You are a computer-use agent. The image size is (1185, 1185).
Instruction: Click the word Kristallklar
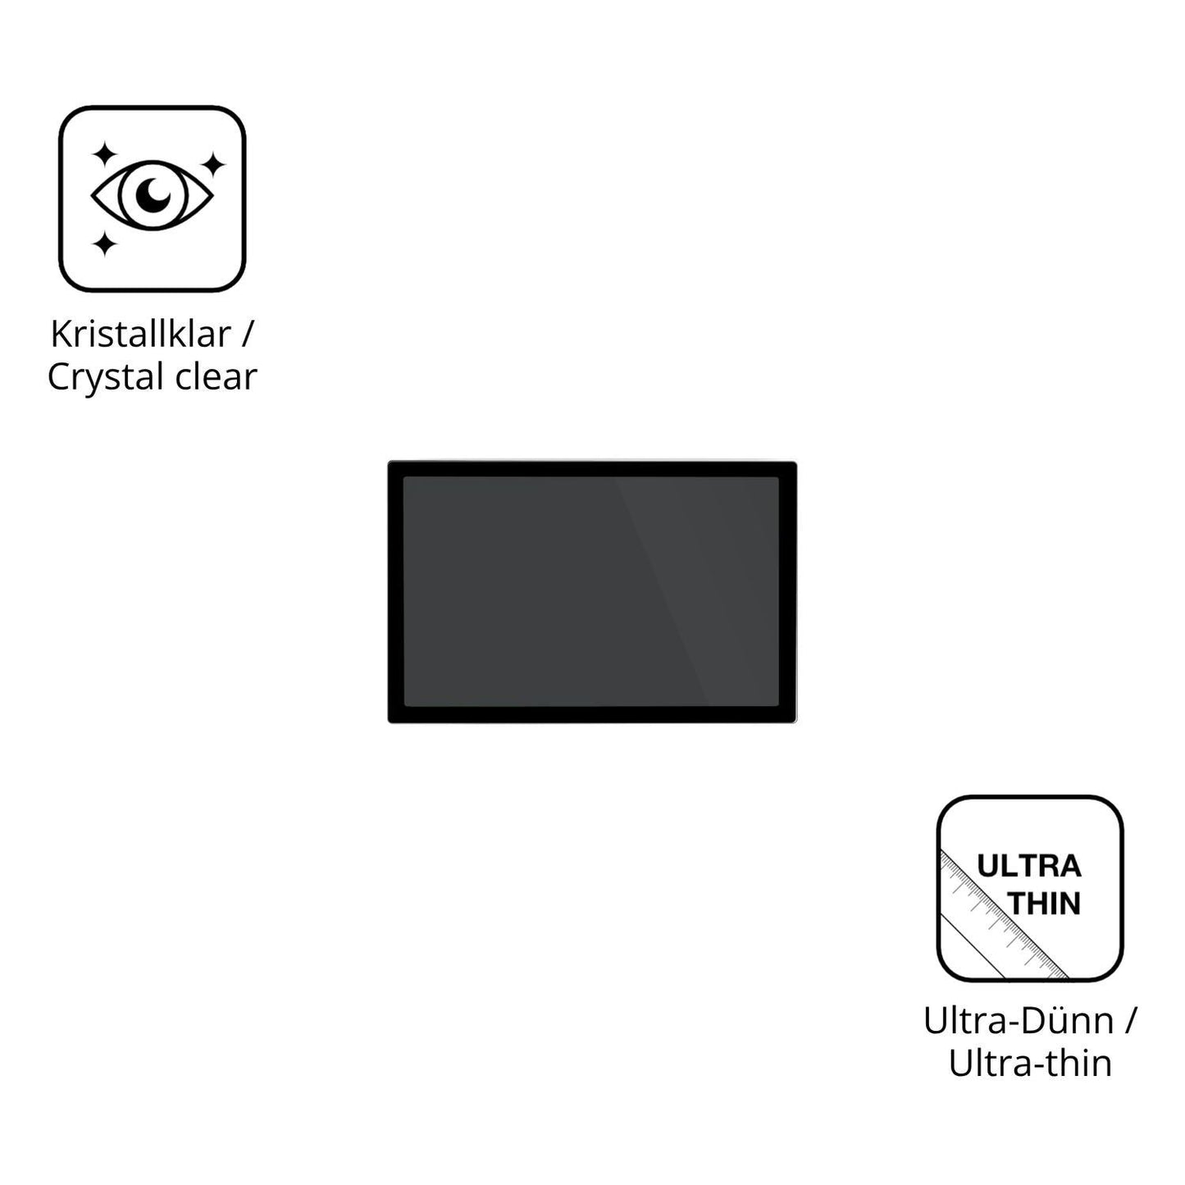[x=141, y=334]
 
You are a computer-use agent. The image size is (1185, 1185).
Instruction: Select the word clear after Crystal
[x=216, y=376]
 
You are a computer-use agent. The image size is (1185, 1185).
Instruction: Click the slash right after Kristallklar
[x=247, y=335]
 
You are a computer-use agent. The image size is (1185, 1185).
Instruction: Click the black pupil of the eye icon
[x=153, y=194]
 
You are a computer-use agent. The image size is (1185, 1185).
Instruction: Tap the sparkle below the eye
[x=104, y=244]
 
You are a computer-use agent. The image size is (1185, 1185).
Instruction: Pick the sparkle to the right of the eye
[x=212, y=165]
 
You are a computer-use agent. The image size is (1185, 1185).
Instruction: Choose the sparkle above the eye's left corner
[x=104, y=154]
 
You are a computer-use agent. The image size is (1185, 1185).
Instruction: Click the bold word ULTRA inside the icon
[x=1029, y=867]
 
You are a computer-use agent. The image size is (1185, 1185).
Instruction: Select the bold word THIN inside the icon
[x=1044, y=904]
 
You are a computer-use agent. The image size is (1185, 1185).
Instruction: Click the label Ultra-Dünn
[x=1019, y=1021]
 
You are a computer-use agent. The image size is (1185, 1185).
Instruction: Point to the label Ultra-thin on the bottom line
[x=1030, y=1064]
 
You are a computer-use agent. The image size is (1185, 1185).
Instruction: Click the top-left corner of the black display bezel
[x=389, y=462]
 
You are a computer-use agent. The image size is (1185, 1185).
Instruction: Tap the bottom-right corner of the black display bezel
[x=796, y=722]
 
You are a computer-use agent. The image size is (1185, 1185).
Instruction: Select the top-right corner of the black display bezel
[x=796, y=462]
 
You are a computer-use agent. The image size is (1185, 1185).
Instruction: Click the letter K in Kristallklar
[x=61, y=334]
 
